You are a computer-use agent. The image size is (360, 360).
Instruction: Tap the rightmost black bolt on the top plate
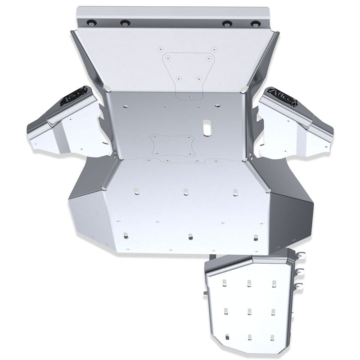[255, 24]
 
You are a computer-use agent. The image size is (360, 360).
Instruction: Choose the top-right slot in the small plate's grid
[274, 283]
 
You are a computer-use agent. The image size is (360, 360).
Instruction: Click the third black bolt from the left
[225, 23]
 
